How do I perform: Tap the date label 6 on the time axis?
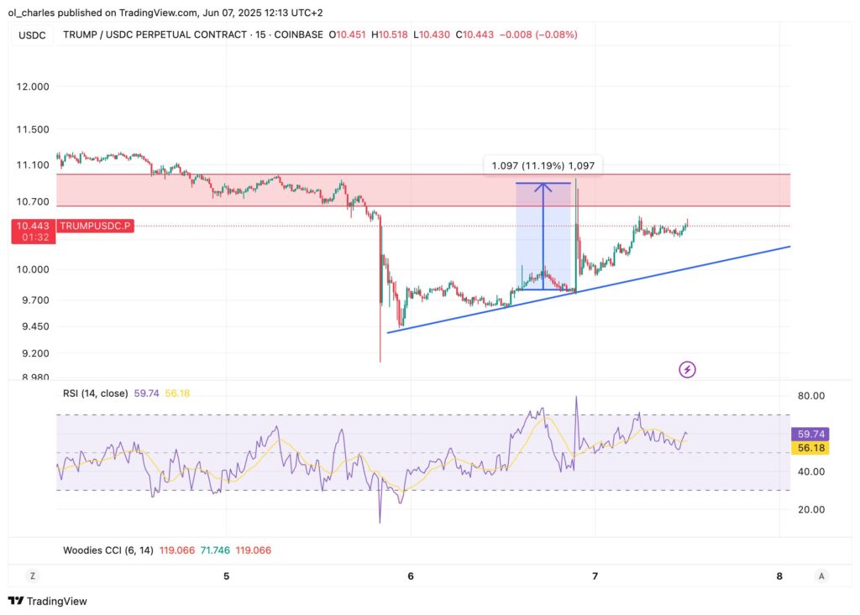(x=411, y=576)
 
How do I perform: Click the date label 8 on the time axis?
(x=779, y=576)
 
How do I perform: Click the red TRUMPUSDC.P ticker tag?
(x=95, y=227)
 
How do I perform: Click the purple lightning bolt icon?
(x=687, y=369)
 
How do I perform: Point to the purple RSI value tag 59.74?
(x=811, y=435)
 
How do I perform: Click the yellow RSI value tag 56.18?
(x=811, y=449)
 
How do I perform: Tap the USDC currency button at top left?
(x=31, y=35)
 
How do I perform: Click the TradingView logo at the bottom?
(x=48, y=601)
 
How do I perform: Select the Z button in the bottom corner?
(x=32, y=576)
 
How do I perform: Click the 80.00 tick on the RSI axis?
(x=810, y=396)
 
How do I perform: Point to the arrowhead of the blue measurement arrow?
(x=543, y=187)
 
